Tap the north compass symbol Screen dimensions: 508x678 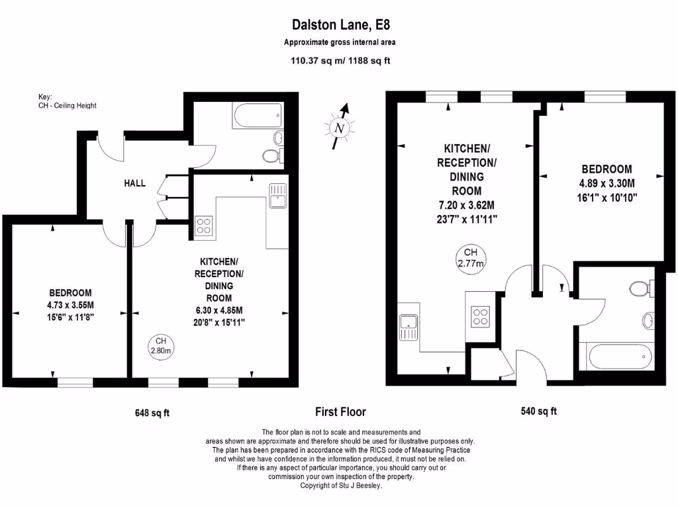pos(340,126)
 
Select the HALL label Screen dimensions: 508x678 pos(135,183)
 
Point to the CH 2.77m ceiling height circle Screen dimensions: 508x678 pos(471,259)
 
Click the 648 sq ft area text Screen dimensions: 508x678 pos(152,413)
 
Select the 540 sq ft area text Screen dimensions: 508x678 pos(539,411)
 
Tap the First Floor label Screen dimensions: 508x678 pos(341,411)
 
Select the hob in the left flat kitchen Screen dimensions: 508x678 pos(204,226)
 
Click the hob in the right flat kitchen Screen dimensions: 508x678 pos(480,317)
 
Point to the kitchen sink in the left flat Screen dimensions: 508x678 pos(277,196)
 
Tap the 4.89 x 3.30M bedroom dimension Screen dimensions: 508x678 pos(607,183)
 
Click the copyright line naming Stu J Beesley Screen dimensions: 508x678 pos(341,485)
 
